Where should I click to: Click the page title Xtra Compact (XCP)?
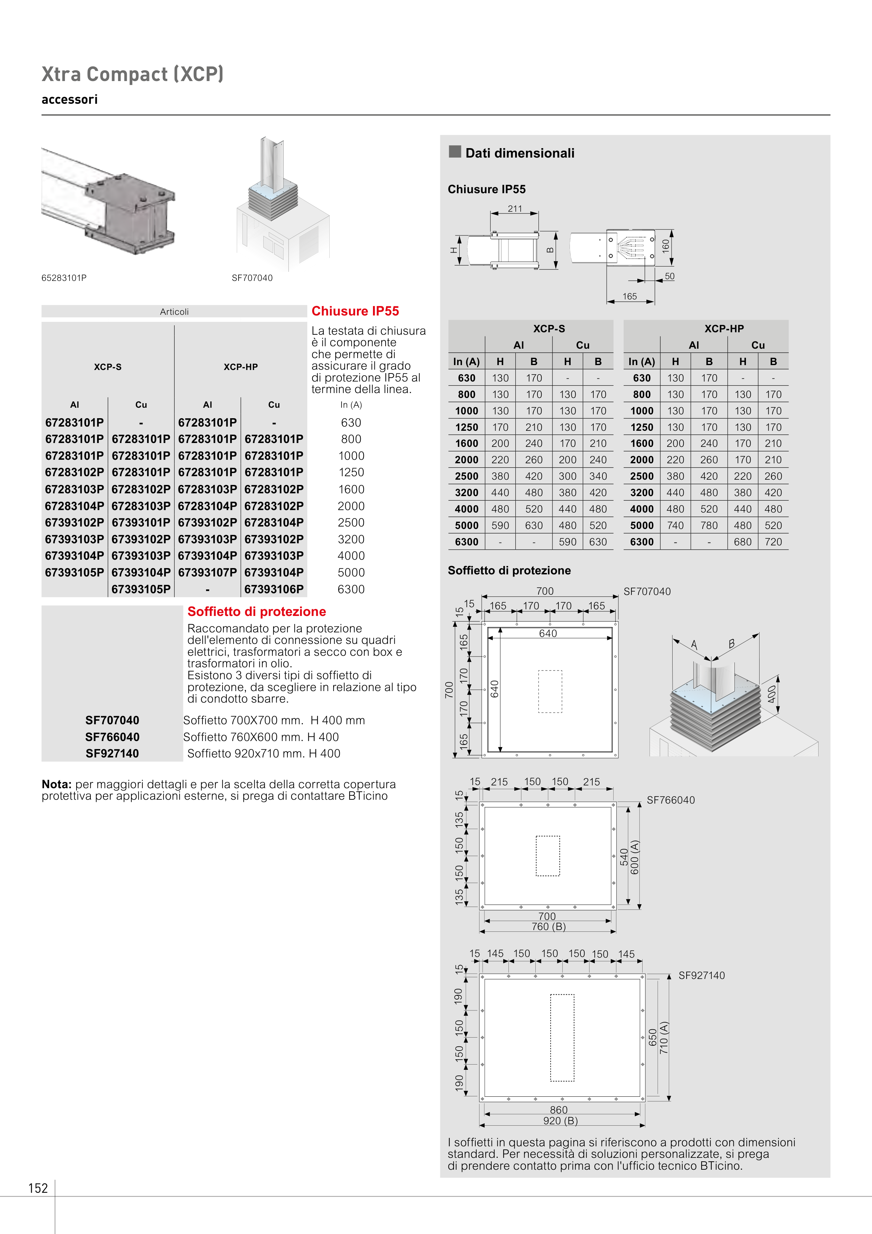(132, 74)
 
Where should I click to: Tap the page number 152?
(38, 1188)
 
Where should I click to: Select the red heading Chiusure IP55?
(355, 311)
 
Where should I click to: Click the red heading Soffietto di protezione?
(256, 612)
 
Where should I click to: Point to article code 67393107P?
(207, 572)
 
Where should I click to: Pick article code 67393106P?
(274, 589)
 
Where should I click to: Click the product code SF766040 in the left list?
(112, 737)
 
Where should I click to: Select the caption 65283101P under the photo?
(64, 278)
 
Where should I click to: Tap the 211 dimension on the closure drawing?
(515, 209)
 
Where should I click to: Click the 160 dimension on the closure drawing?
(666, 246)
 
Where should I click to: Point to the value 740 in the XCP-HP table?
(675, 525)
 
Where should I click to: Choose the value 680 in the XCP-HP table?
(742, 542)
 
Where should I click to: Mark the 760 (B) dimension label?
(549, 927)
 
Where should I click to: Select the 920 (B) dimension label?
(560, 1120)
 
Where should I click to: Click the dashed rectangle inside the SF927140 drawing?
(562, 1037)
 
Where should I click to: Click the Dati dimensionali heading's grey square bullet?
(455, 152)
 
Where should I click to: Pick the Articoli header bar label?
(174, 312)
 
